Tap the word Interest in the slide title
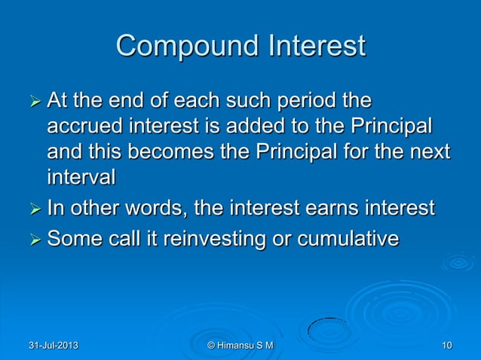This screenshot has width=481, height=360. [313, 47]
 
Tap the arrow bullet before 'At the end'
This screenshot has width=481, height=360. [32, 102]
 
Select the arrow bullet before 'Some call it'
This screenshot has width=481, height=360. [32, 241]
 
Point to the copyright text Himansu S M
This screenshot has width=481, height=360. [240, 346]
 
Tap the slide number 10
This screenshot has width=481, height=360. [447, 346]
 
